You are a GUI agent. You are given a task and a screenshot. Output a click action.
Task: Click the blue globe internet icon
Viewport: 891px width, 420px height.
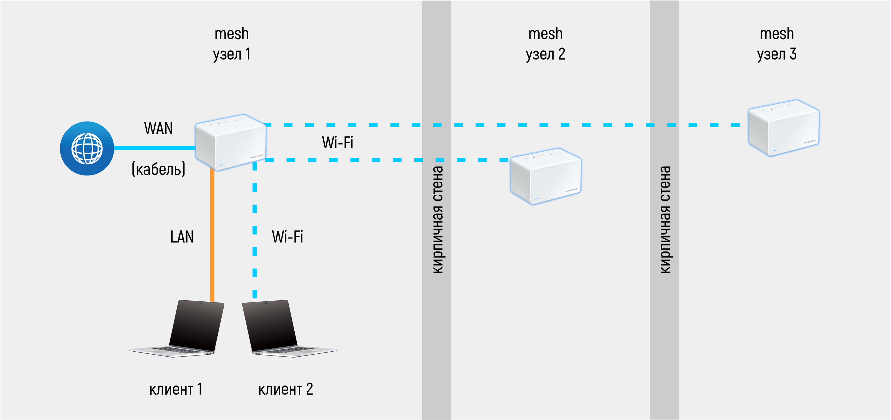click(87, 148)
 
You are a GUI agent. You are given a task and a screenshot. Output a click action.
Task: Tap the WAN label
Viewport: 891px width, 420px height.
click(158, 128)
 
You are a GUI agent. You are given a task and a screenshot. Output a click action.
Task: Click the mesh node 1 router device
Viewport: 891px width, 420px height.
click(230, 142)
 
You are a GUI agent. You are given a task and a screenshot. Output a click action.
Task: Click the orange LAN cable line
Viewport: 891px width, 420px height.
click(212, 235)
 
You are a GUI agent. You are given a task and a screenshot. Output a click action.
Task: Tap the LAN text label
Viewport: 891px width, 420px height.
click(182, 237)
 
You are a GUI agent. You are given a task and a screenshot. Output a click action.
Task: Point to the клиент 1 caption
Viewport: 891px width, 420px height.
click(176, 389)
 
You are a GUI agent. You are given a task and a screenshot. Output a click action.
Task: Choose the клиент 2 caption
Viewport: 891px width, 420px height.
click(286, 389)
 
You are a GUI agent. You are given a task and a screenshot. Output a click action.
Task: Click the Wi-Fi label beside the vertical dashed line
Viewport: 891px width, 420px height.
click(287, 237)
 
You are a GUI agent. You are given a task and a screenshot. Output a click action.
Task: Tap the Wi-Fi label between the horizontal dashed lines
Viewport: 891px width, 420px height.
click(338, 143)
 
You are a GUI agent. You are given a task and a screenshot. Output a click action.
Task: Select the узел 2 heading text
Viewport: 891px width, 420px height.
click(546, 54)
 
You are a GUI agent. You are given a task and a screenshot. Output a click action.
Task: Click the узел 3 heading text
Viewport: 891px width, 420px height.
click(777, 54)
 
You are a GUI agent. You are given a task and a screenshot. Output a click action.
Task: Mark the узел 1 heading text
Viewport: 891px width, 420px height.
click(232, 54)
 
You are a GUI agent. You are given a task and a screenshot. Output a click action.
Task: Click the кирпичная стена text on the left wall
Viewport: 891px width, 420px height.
click(437, 220)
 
